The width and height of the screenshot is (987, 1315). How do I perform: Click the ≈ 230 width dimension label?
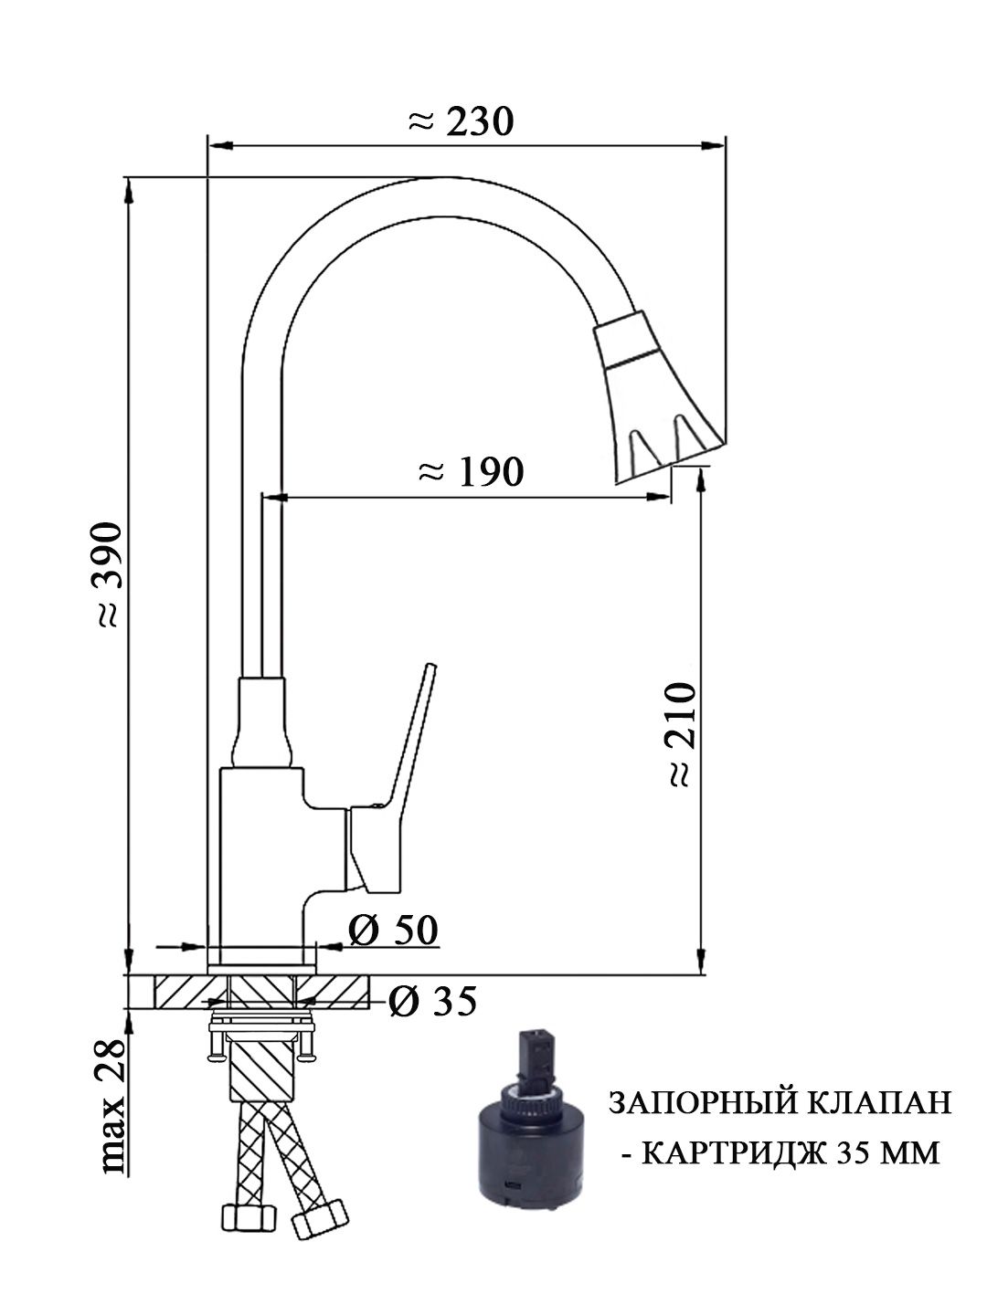[x=461, y=121]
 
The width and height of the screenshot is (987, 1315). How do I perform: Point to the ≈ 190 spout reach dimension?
[x=471, y=471]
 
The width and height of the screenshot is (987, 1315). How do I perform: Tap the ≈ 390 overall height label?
[x=109, y=574]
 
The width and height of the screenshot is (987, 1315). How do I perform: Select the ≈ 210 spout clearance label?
[x=682, y=734]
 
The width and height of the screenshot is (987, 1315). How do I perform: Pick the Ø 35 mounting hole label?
[x=432, y=1001]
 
